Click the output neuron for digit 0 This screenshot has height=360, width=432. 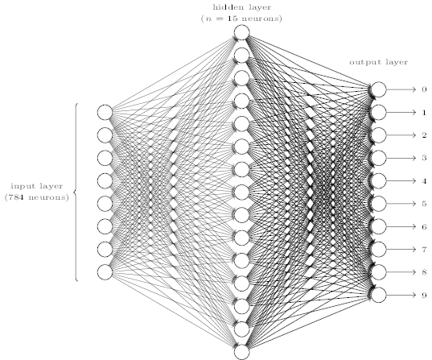coord(379,89)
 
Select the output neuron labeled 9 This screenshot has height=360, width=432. coord(379,296)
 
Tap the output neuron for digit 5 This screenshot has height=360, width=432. coord(379,204)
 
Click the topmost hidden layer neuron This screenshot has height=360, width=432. coord(242,32)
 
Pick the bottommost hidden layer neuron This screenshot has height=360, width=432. coord(242,352)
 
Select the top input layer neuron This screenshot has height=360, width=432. coord(105,112)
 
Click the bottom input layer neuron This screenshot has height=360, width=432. coord(105,272)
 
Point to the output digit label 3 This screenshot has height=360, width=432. coord(424,158)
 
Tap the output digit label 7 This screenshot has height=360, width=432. coord(424,250)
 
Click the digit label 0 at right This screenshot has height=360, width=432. coord(424,89)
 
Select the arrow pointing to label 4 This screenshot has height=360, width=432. coord(401,181)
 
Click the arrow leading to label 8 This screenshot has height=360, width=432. coord(401,272)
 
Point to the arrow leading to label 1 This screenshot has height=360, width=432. coord(401,113)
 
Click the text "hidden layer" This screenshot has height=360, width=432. coord(242,7)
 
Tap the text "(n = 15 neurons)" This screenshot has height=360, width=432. coord(241,19)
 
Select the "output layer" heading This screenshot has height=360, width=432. coord(379,62)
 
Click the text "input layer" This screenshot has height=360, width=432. coord(37,186)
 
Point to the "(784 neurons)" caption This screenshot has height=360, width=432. coord(37,197)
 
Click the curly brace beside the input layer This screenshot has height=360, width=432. coord(75,192)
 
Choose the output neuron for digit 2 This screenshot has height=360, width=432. coord(379,135)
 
